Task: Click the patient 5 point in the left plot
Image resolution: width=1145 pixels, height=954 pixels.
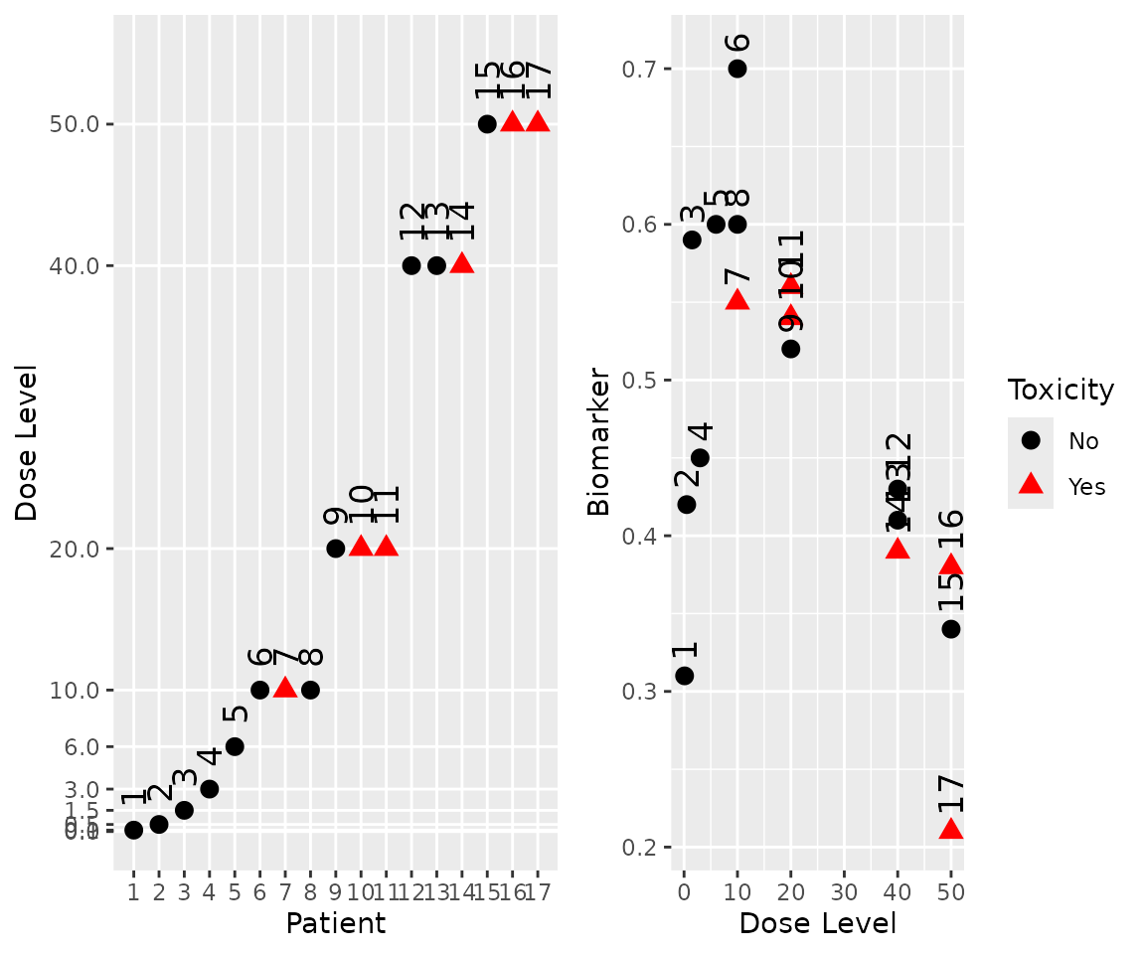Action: click(x=235, y=746)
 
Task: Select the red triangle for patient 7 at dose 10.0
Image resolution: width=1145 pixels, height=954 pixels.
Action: click(x=285, y=688)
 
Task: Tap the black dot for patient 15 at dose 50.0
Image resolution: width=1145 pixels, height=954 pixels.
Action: click(x=487, y=124)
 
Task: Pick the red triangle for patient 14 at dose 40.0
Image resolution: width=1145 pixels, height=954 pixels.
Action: click(x=462, y=263)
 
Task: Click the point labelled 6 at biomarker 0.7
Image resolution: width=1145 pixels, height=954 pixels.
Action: click(x=737, y=69)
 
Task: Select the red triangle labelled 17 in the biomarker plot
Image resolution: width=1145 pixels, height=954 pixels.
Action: click(x=951, y=829)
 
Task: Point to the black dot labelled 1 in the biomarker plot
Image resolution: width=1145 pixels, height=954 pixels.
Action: click(x=685, y=676)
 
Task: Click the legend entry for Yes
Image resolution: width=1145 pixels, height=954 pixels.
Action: click(x=1085, y=487)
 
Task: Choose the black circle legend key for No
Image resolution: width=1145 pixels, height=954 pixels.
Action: click(x=1031, y=439)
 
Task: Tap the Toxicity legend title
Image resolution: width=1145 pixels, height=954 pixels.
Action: click(x=1061, y=390)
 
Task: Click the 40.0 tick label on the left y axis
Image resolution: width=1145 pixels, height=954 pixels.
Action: click(x=82, y=265)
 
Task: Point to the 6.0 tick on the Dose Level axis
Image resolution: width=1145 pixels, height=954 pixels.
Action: click(x=82, y=746)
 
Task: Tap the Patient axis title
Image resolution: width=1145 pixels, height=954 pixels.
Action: click(x=335, y=923)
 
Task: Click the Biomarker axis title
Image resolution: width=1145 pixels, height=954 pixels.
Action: click(x=598, y=441)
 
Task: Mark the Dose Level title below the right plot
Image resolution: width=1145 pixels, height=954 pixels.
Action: click(x=817, y=923)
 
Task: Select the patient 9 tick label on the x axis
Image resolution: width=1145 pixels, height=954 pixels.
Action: click(x=336, y=892)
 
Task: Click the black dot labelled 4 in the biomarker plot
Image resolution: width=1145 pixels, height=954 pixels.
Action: click(x=700, y=458)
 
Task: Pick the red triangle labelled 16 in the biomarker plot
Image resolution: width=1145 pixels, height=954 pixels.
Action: click(x=951, y=565)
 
